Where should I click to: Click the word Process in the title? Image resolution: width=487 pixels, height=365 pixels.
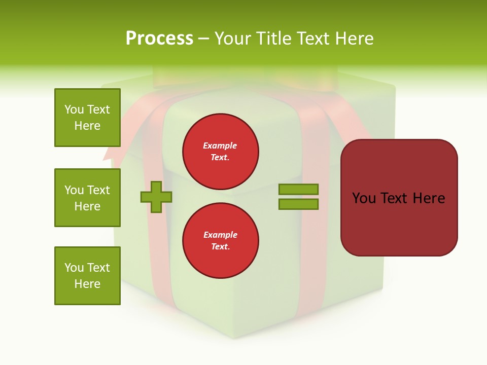[159, 39]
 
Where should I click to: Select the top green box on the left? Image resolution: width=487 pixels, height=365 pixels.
[87, 118]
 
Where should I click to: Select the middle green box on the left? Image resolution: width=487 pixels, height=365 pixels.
[87, 198]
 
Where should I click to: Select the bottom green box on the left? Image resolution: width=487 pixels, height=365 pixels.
[87, 276]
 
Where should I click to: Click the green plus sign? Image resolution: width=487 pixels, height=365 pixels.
[156, 197]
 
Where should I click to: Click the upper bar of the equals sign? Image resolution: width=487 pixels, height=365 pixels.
[298, 189]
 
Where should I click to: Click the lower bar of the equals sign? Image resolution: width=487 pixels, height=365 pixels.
[298, 204]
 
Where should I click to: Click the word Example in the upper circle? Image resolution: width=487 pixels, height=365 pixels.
[220, 145]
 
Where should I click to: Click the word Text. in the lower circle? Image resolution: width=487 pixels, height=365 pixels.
[220, 247]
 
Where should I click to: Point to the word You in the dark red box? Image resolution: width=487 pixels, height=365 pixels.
[364, 198]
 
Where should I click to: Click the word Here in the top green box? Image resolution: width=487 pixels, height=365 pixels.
[87, 126]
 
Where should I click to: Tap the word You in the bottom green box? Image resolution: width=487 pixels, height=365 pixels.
[74, 268]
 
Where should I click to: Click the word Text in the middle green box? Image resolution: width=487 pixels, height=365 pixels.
[98, 190]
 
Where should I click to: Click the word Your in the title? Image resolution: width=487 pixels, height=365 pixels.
[232, 39]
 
